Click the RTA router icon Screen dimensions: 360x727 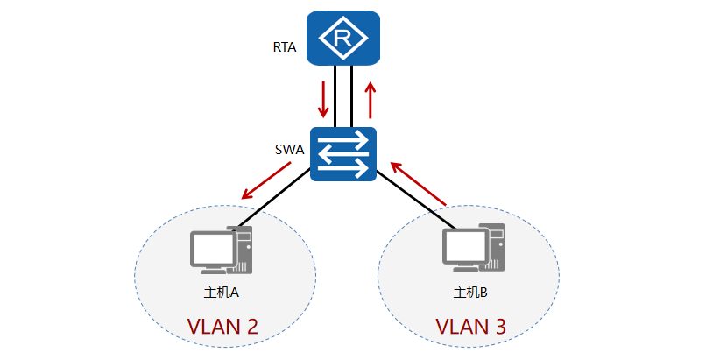343,39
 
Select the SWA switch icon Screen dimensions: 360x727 343,154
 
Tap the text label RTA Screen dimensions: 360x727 285,47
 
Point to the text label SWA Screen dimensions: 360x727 289,149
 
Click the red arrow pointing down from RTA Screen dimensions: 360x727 323,100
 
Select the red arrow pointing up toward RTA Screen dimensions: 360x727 371,100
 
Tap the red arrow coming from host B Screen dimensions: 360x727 419,181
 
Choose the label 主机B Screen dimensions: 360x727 470,292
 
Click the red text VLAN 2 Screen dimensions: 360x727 222,327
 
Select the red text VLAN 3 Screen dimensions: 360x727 470,327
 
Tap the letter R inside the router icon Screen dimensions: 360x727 343,39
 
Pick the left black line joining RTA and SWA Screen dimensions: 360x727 335,96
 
